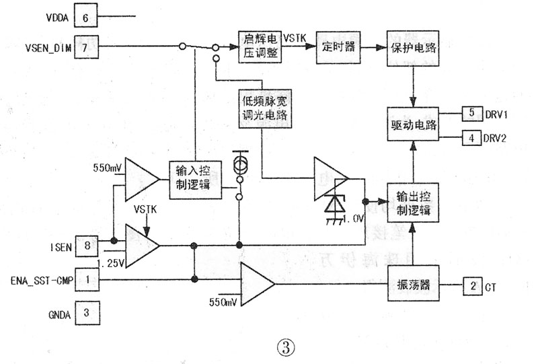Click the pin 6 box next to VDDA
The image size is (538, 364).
coord(85,15)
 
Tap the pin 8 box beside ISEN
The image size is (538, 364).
coord(85,246)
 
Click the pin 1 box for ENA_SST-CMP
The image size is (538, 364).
coord(85,278)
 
